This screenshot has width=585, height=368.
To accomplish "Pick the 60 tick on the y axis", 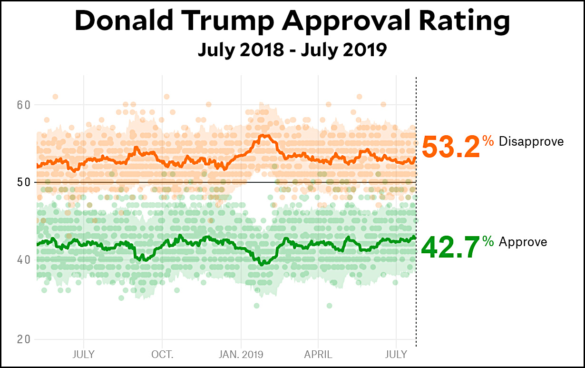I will (23, 105).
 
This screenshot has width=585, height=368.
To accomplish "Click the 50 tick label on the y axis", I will (23, 182).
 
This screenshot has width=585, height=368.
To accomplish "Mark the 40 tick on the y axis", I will (23, 260).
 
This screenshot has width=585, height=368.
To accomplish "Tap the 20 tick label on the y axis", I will (23, 339).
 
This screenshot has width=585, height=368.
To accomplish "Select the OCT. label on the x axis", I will (162, 355).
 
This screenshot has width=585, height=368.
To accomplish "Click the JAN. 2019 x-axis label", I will (241, 355).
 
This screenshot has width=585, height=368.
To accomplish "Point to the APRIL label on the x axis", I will (318, 355).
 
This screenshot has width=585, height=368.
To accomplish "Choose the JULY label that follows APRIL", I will (396, 355).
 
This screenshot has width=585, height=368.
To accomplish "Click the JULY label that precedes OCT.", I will (84, 355).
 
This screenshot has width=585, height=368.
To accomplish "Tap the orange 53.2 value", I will (450, 147).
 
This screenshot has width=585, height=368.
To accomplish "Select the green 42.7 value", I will (450, 248).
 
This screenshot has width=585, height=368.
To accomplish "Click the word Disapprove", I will (531, 141).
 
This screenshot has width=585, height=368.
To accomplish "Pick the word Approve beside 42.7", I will (523, 242).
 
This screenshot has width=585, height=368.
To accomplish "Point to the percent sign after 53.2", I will (488, 141).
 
